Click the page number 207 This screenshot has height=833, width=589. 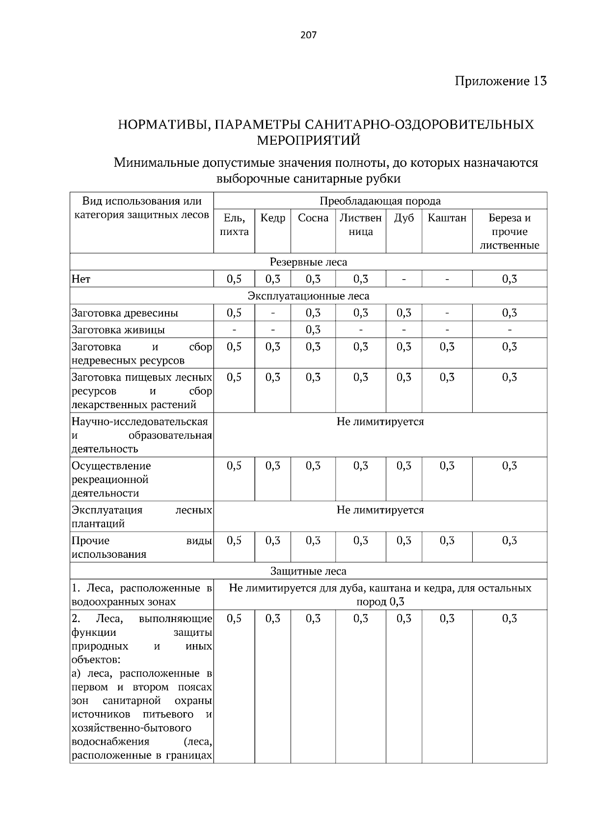click(308, 35)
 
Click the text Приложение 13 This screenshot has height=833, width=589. click(500, 81)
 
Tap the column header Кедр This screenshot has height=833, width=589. click(272, 218)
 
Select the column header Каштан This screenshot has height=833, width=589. click(447, 218)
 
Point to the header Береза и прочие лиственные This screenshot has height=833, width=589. click(509, 232)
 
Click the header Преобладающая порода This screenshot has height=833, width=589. click(380, 201)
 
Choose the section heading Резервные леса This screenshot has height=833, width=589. click(308, 262)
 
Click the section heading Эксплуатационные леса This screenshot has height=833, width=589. click(308, 296)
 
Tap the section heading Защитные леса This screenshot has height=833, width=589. click(308, 571)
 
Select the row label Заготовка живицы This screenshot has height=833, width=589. click(118, 330)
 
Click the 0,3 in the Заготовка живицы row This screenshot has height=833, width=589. click(313, 330)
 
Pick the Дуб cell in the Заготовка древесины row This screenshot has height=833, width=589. click(403, 313)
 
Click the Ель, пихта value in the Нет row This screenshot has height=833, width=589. click(234, 279)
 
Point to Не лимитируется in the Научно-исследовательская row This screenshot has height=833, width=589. click(380, 422)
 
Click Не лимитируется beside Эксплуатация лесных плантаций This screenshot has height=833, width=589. click(380, 510)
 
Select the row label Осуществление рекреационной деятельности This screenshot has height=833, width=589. click(111, 479)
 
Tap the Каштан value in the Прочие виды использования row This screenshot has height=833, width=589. click(447, 541)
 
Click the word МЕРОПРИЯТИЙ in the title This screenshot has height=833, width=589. click(308, 141)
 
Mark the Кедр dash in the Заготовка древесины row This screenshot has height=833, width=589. click(273, 313)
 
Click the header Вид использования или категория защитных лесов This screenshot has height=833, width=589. click(141, 208)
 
